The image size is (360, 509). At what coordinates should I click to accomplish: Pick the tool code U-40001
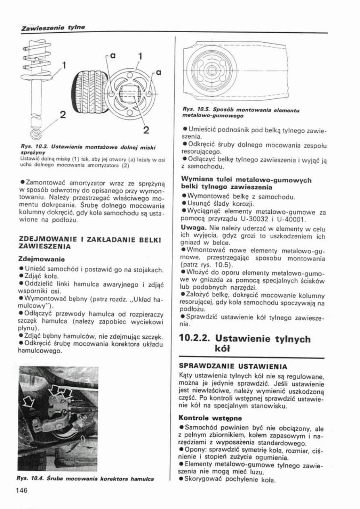coord(291,220)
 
